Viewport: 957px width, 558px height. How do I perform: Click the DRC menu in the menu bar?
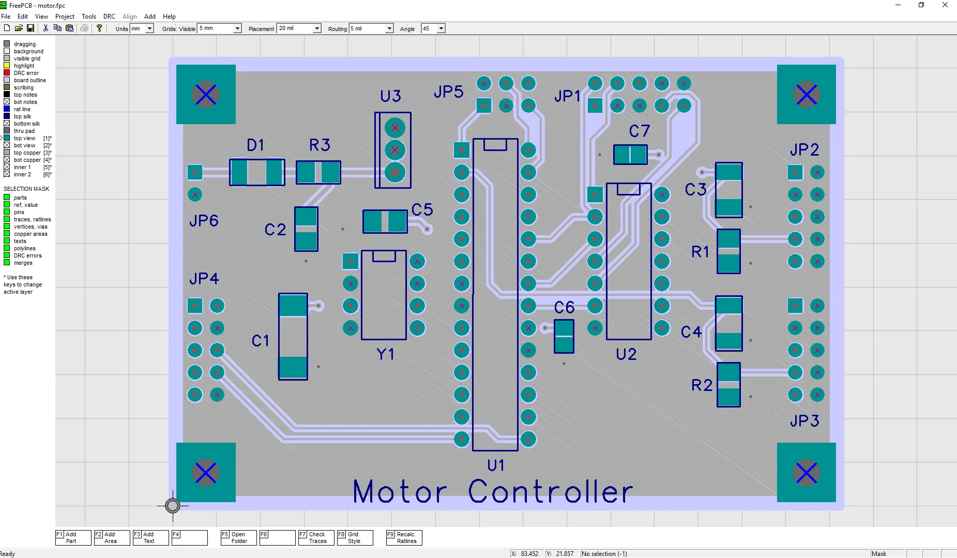pyautogui.click(x=109, y=17)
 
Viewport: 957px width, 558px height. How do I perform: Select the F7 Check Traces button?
pyautogui.click(x=316, y=538)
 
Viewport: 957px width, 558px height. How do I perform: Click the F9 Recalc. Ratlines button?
pyautogui.click(x=404, y=538)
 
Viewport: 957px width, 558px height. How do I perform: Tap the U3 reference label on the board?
pyautogui.click(x=390, y=96)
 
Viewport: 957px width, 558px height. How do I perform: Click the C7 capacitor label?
pyautogui.click(x=639, y=131)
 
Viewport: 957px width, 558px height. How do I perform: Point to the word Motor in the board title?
pyautogui.click(x=400, y=492)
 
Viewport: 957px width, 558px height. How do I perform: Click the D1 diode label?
pyautogui.click(x=255, y=145)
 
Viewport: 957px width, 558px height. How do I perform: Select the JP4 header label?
pyautogui.click(x=204, y=279)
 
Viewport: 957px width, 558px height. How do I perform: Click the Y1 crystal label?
pyautogui.click(x=385, y=354)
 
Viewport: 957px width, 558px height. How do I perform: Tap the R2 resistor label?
pyautogui.click(x=702, y=385)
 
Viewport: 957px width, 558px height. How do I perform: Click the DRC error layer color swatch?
pyautogui.click(x=7, y=73)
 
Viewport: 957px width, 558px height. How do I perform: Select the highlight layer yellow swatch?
pyautogui.click(x=7, y=66)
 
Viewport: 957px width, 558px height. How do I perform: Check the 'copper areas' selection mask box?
pyautogui.click(x=7, y=234)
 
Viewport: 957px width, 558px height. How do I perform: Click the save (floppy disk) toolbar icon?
pyautogui.click(x=31, y=28)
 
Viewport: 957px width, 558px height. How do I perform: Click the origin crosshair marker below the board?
pyautogui.click(x=173, y=505)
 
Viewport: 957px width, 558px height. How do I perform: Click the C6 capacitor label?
pyautogui.click(x=564, y=308)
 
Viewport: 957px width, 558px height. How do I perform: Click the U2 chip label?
pyautogui.click(x=626, y=354)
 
